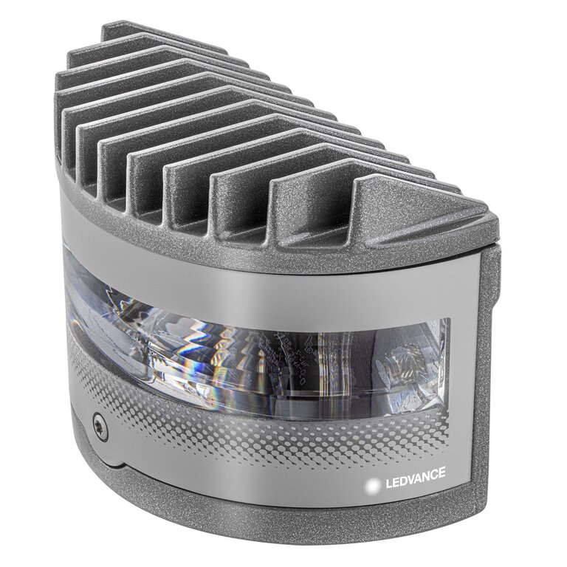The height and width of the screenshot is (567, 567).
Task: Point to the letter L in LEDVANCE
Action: (383, 485)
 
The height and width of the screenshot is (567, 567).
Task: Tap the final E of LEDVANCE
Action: (443, 485)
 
